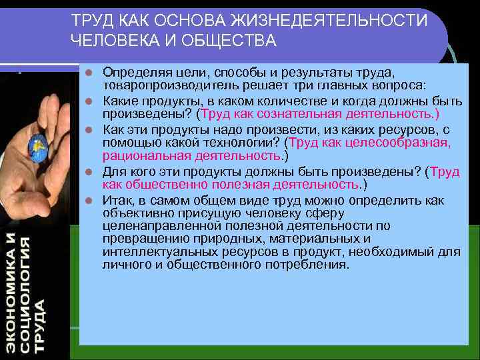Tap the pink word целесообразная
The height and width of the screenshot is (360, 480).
(407, 143)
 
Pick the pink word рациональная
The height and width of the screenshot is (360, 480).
(142, 156)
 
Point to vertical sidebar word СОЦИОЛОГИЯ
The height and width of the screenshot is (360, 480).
(26, 293)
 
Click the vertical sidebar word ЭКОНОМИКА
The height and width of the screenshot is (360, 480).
(10, 293)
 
